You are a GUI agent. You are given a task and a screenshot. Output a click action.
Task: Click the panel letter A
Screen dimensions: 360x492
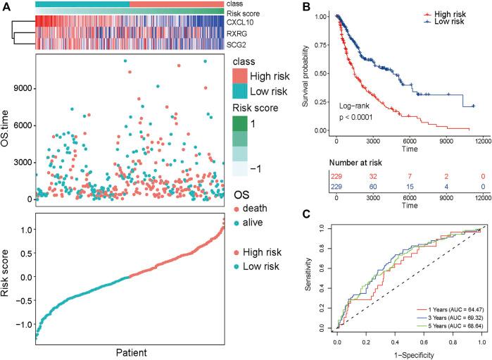tap(7, 6)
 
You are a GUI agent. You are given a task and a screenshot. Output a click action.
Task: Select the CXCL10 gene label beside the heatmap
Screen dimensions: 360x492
tap(241, 21)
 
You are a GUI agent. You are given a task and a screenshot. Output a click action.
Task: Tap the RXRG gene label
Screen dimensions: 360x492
tap(238, 32)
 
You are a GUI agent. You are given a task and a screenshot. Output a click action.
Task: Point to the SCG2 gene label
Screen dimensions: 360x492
tap(237, 44)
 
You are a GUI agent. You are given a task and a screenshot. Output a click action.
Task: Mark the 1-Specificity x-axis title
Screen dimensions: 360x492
tap(410, 354)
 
